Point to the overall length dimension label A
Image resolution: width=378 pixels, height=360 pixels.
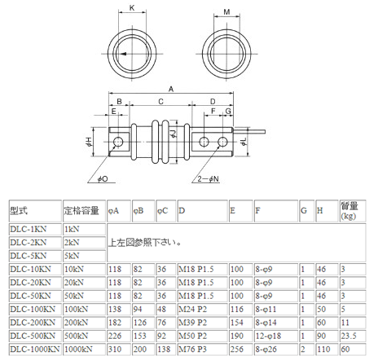[170, 87]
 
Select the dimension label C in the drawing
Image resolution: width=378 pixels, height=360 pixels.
[160, 102]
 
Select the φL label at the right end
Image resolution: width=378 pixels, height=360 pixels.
[243, 143]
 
